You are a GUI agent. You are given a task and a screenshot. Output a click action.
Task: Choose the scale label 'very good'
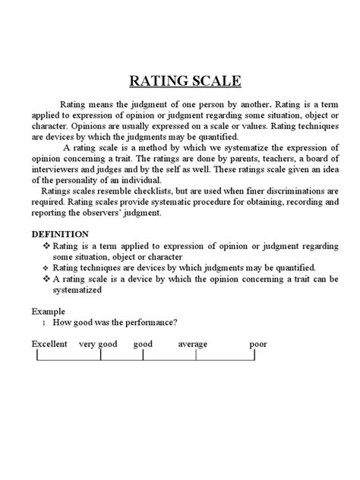[x=98, y=344]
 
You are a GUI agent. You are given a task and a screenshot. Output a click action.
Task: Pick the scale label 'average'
[x=193, y=344]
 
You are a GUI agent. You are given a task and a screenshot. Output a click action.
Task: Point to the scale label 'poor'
[x=258, y=344]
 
